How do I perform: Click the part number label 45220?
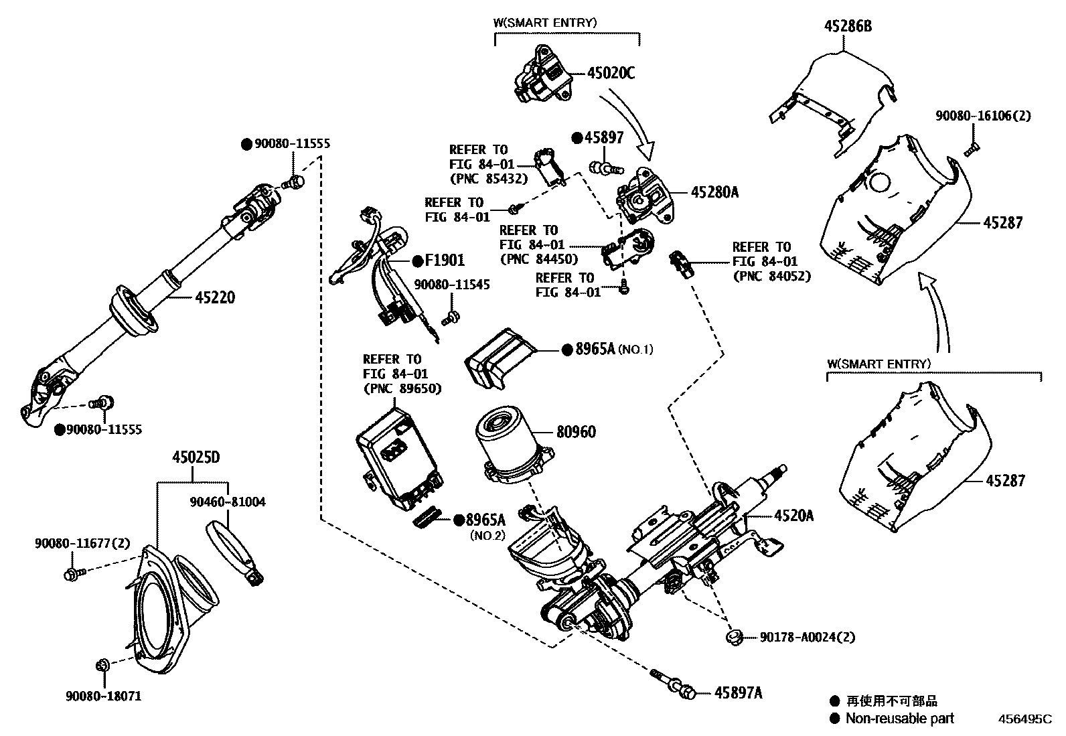[x=215, y=297]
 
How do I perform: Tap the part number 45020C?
[x=611, y=73]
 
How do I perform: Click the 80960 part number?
[x=575, y=432]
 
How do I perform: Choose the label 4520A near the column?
[x=794, y=515]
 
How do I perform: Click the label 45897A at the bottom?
[x=738, y=692]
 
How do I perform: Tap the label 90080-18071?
[x=104, y=696]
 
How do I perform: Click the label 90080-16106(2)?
[x=983, y=116]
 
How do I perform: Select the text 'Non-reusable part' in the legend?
[x=900, y=719]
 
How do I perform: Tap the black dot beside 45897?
[x=577, y=138]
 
